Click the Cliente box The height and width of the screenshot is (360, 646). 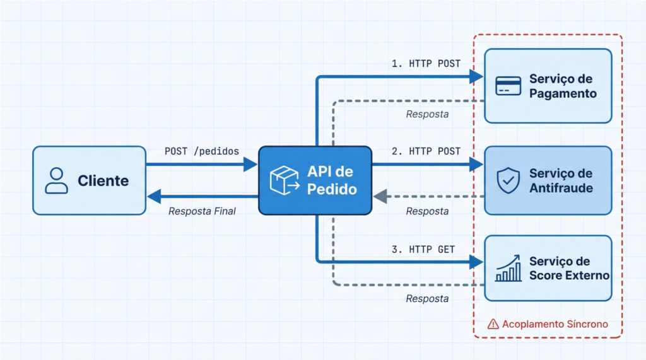point(89,180)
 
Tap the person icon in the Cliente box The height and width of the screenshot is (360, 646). point(56,180)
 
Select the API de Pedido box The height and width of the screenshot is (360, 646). point(315,180)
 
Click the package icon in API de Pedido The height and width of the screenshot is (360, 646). point(283,180)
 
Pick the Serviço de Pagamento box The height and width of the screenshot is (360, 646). point(548,85)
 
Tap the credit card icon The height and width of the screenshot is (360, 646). point(508,86)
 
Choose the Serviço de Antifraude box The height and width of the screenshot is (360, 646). point(548,180)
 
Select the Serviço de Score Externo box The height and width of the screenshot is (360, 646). point(548,268)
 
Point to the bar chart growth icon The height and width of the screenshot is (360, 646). point(508,268)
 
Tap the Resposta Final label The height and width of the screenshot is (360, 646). point(202,211)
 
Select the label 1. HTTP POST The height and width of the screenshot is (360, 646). point(426,64)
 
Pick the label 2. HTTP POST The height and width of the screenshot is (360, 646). point(426,151)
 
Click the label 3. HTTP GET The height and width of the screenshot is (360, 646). point(423,249)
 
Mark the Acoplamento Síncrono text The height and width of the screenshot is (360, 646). point(555,324)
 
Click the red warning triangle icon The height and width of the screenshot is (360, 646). point(493,324)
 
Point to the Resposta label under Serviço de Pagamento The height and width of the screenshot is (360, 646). point(427,115)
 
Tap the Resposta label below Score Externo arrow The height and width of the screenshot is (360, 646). point(427,298)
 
